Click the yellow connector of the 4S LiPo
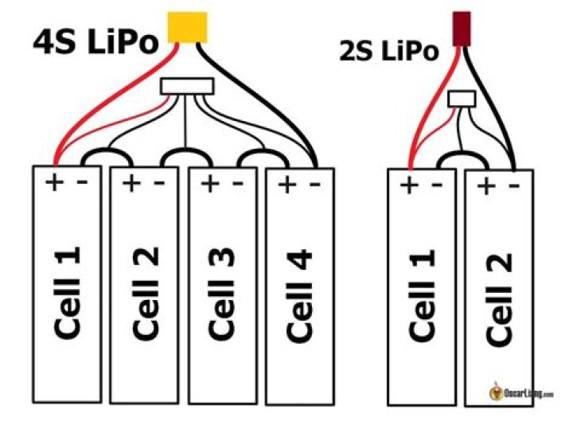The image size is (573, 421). coord(188,27)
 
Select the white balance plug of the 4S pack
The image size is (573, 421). coord(187,85)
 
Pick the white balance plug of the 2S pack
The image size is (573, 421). coord(462,99)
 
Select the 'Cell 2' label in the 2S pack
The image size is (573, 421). coord(499,299)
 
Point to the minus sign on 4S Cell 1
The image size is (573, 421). coord(80,182)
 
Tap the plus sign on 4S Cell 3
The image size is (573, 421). coord(209,185)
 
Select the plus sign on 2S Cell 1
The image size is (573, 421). coord(408,188)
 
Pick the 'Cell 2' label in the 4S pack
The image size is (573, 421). coord(146,293)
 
